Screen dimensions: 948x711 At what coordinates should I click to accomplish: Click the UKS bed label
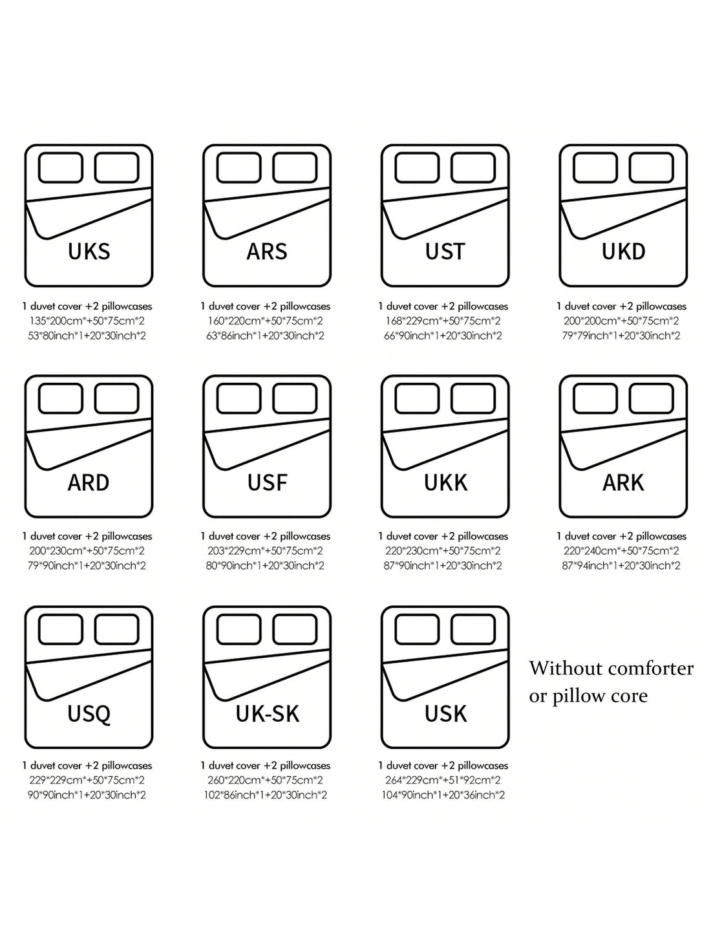89,252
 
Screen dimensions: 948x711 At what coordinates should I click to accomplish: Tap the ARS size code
266,252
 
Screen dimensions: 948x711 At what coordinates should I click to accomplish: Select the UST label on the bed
445,252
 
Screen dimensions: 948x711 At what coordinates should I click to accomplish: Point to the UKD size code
623,252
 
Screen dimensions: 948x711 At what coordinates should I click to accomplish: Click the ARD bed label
89,482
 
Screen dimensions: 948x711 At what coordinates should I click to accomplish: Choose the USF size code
266,482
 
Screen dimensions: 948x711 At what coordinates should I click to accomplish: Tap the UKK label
445,482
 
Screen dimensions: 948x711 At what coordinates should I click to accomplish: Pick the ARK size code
623,482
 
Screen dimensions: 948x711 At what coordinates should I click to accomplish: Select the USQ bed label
89,714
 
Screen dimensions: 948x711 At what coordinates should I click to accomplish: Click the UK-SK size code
266,714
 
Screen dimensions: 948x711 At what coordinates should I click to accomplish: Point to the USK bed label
445,714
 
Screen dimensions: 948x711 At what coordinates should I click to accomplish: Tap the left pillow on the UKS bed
61,168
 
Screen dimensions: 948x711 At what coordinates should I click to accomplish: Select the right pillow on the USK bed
473,630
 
